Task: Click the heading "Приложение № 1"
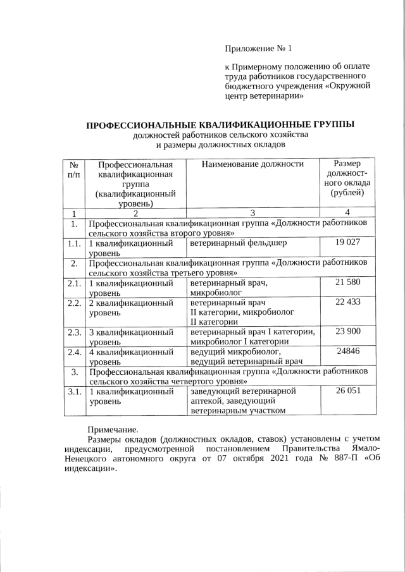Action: (260, 49)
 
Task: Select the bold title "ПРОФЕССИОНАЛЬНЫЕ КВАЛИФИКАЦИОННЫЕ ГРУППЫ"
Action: (220, 124)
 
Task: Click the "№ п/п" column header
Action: (74, 169)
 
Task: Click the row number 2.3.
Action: (74, 331)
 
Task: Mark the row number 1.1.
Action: (74, 243)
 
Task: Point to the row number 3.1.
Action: (74, 391)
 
